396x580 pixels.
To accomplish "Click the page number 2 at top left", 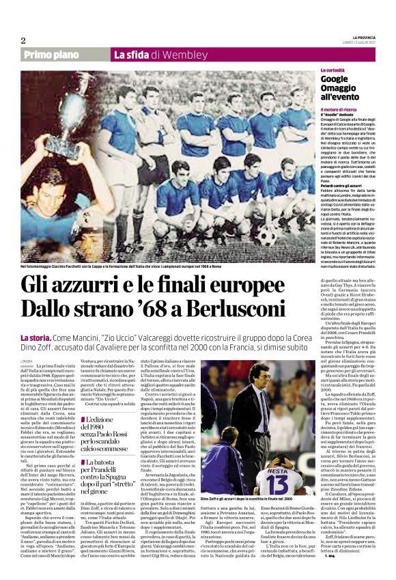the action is (x=23, y=40).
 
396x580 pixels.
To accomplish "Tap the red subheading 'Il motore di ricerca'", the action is (x=341, y=109).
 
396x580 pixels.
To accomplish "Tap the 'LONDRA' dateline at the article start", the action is (x=27, y=360).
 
